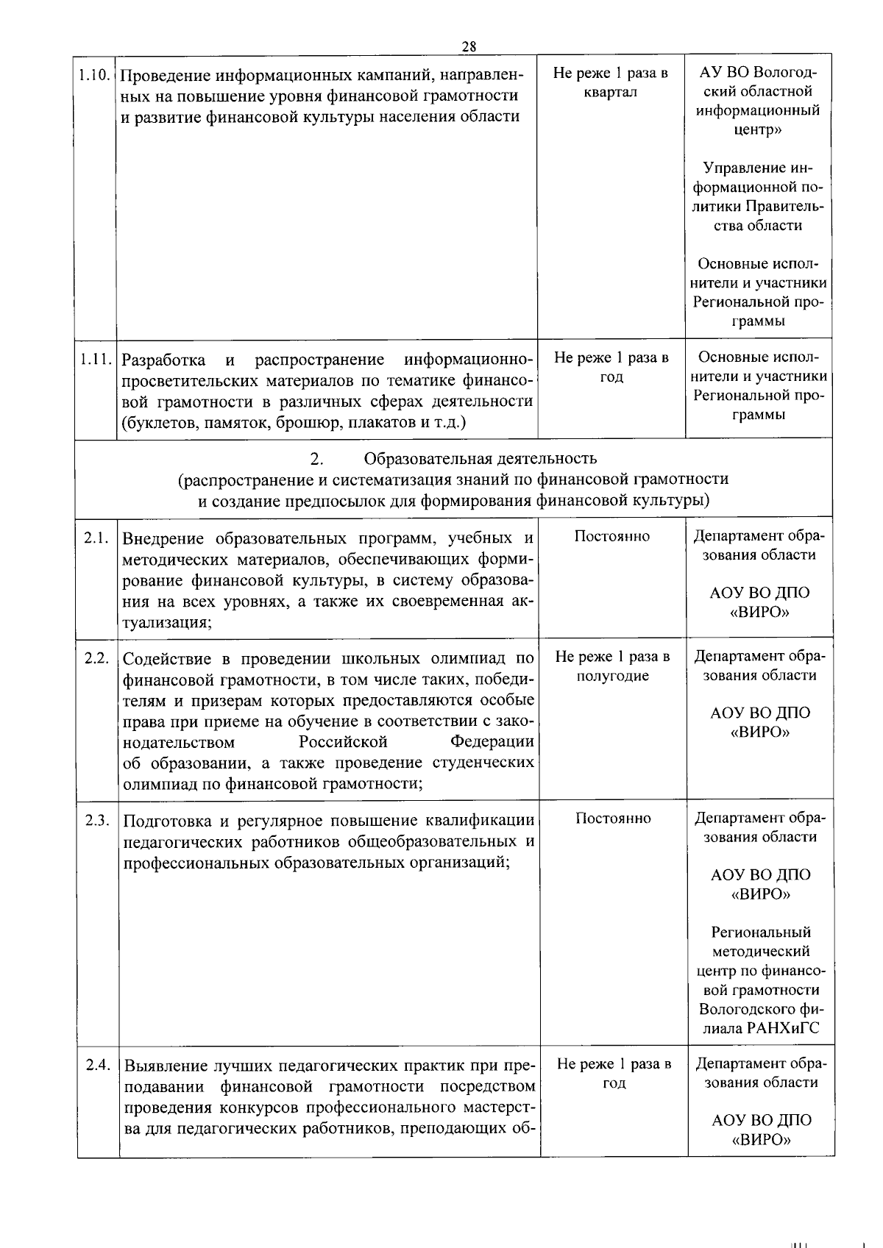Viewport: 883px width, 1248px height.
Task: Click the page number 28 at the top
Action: tap(469, 46)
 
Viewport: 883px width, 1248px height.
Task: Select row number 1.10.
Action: tap(96, 75)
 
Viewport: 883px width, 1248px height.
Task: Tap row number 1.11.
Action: tap(96, 360)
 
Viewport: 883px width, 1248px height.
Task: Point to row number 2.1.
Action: tap(97, 538)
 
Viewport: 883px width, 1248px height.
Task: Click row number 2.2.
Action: tap(97, 657)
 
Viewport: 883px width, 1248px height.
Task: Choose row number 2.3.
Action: tap(97, 820)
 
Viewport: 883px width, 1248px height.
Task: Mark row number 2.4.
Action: tap(98, 1064)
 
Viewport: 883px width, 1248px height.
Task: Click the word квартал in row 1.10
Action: tap(611, 93)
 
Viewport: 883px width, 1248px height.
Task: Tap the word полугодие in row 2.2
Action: tap(612, 676)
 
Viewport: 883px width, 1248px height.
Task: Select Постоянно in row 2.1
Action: tap(612, 536)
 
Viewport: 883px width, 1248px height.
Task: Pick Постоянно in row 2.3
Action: tap(613, 819)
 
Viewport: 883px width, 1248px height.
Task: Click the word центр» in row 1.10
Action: tap(758, 130)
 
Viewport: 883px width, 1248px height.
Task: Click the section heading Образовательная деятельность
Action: tap(480, 459)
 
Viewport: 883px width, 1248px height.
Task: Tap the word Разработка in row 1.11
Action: tap(163, 360)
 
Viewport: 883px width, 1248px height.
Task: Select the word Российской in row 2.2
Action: tap(343, 741)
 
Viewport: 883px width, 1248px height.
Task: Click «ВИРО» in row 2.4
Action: tap(762, 1140)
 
